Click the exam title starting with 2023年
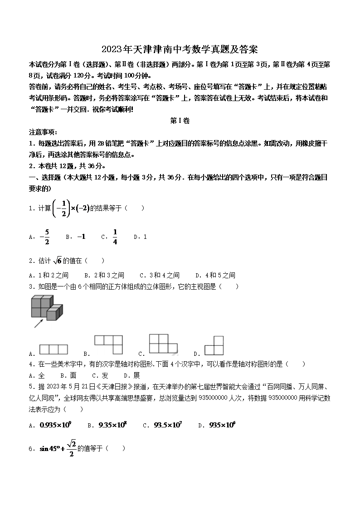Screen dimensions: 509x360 tap(180, 49)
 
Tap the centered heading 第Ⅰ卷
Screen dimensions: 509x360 tap(180, 121)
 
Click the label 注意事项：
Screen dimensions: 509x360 tap(43, 132)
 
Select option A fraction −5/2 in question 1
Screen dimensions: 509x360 tap(44, 237)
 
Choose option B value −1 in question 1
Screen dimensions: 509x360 tap(81, 237)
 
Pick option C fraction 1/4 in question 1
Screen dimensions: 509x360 tap(115, 237)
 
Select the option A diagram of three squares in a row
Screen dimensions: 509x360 tap(54, 349)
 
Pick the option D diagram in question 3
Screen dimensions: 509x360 tap(214, 345)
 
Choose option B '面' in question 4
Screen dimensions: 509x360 tap(73, 375)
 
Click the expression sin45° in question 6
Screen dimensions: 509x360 tap(50, 449)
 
